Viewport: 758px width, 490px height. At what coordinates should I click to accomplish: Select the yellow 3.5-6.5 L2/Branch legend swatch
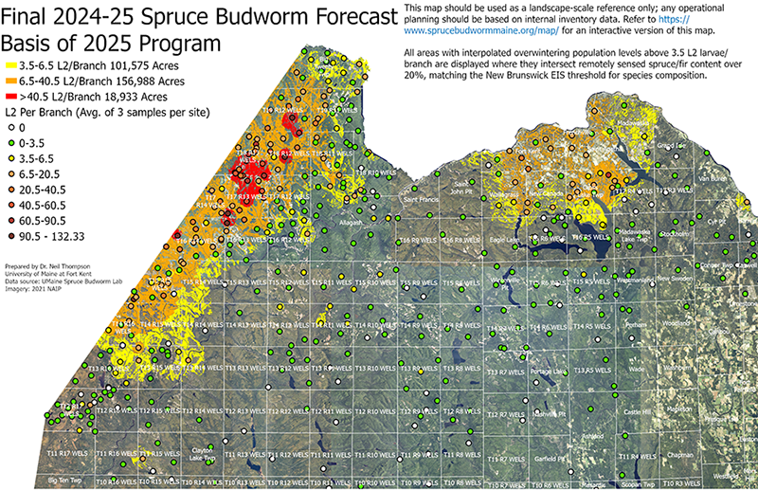click(x=10, y=66)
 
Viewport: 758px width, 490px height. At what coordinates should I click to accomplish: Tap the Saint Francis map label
click(x=421, y=200)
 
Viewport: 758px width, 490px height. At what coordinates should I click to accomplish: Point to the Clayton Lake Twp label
click(x=203, y=454)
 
